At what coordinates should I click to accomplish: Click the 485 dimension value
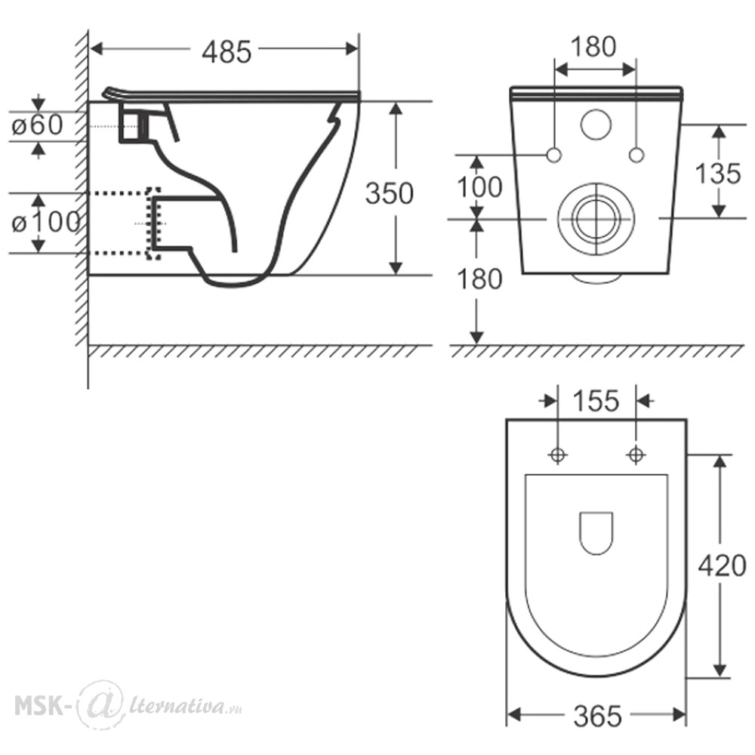[226, 52]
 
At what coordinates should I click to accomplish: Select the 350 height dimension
[389, 193]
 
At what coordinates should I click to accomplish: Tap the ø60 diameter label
[38, 125]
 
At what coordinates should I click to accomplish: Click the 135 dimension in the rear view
[717, 173]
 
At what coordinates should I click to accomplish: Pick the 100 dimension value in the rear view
[479, 186]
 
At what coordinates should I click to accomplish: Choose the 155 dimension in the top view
[596, 401]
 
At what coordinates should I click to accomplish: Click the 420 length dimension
[723, 565]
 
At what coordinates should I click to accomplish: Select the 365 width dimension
[597, 716]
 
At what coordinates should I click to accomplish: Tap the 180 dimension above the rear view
[593, 47]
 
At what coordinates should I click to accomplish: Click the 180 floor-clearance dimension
[479, 279]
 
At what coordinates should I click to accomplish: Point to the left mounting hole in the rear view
[554, 155]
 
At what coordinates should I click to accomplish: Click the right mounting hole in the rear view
[636, 155]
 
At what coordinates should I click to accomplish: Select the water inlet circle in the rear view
[596, 125]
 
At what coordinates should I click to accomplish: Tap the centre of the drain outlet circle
[596, 219]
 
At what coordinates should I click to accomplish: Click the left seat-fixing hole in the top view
[558, 454]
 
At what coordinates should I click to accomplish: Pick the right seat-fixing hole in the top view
[636, 454]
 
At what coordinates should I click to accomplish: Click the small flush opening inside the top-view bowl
[596, 533]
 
